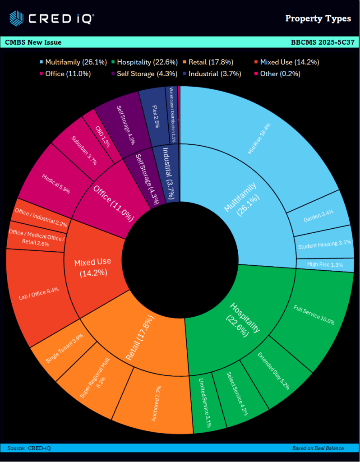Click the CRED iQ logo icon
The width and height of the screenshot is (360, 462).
[x=17, y=18]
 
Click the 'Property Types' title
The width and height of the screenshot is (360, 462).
[x=318, y=18]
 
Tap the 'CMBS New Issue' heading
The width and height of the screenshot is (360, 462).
[x=33, y=42]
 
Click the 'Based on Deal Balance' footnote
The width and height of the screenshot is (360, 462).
[x=318, y=448]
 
